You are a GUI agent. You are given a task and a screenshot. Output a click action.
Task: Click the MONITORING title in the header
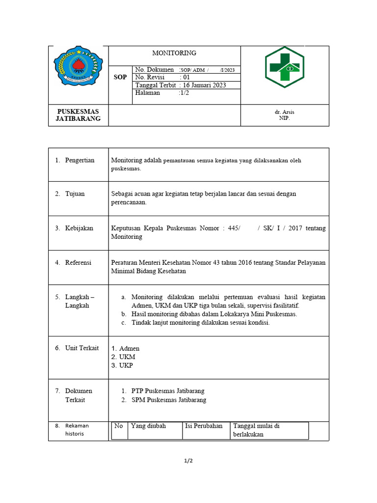coord(174,53)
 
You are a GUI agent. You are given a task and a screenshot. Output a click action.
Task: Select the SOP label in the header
coord(120,78)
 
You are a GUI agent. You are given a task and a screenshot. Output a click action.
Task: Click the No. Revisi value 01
coord(186,77)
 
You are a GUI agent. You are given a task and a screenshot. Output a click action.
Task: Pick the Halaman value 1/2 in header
coord(185,93)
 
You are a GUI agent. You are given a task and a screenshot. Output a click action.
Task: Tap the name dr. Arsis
coord(285,112)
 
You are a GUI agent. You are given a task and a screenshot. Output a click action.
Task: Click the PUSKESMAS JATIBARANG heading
coord(78,115)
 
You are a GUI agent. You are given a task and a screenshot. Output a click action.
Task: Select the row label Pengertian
coord(80,160)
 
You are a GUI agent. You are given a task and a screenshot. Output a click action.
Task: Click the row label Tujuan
coord(75,194)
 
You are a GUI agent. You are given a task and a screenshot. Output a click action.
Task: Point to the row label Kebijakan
coord(79,228)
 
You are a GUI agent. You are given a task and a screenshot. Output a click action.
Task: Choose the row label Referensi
coord(78,263)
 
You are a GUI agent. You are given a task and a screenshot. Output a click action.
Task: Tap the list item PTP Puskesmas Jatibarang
coord(168,391)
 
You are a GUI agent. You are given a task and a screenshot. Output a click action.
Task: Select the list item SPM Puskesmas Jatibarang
coord(169,400)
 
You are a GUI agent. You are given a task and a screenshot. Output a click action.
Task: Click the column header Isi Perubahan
coord(204,426)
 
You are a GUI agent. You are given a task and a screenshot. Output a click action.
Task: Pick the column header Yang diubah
coord(148,426)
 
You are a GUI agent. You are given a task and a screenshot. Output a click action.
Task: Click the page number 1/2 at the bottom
coord(188,461)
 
